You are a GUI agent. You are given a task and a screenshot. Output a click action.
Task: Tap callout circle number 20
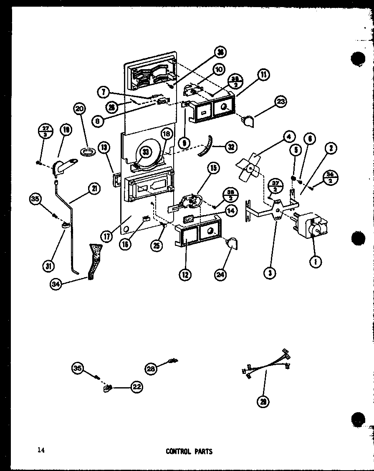(78, 109)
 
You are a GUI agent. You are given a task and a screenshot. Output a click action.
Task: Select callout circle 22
(136, 387)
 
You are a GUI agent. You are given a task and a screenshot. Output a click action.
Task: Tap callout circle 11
(263, 75)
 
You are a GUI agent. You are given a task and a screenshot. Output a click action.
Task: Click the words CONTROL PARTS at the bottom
(189, 451)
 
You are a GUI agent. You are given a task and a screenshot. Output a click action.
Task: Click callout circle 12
(185, 274)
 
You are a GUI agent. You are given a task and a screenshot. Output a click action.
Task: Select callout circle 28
(151, 368)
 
